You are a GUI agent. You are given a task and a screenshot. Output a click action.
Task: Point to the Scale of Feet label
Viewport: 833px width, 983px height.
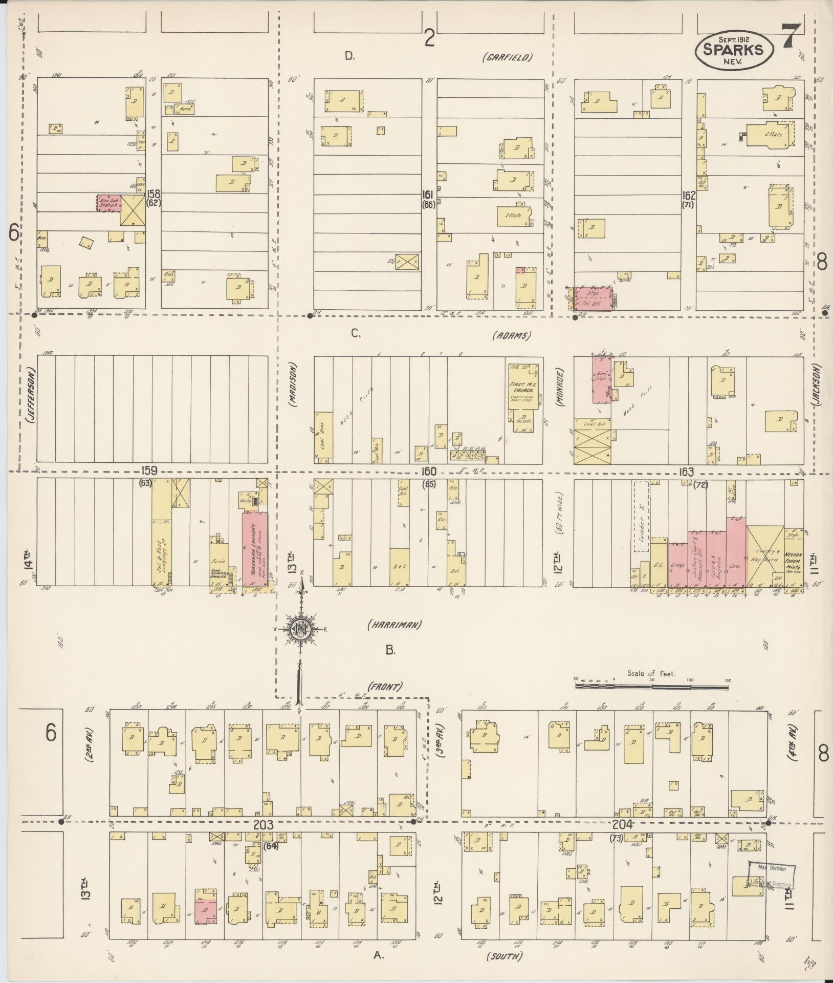coord(651,674)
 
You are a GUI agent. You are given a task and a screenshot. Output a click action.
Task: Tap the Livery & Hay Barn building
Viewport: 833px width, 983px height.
coord(764,555)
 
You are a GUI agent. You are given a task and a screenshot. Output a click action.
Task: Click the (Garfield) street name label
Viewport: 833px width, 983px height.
coord(507,57)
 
